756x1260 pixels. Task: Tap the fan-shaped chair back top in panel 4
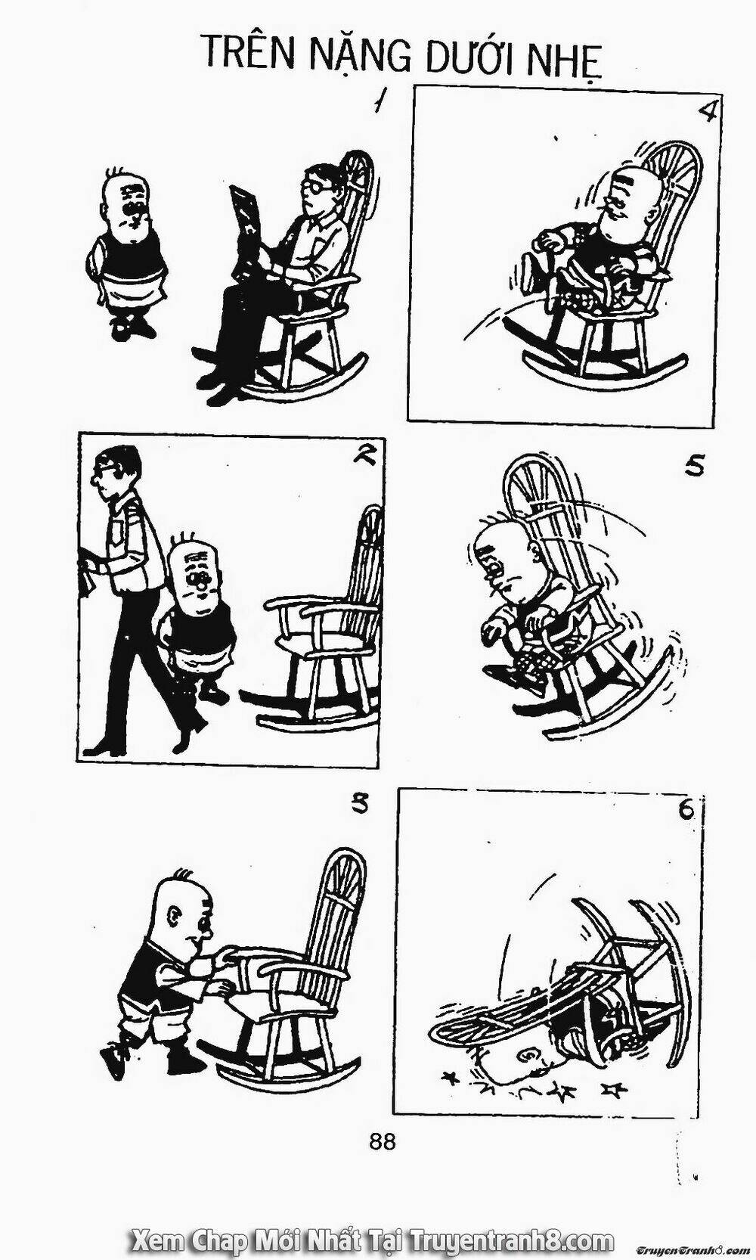click(670, 169)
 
